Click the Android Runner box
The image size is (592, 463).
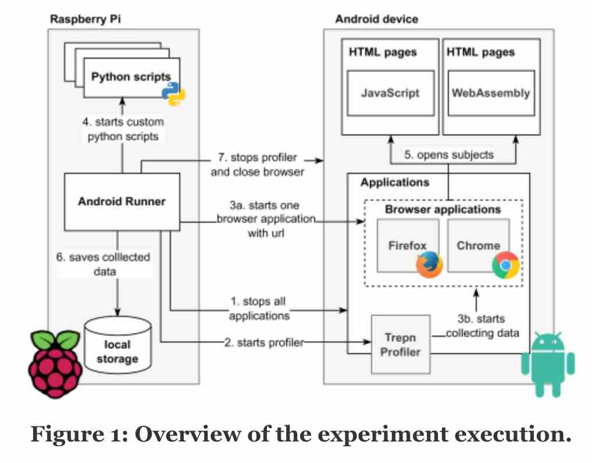pyautogui.click(x=122, y=202)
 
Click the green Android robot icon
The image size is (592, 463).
pyautogui.click(x=547, y=364)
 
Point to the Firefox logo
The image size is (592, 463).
pyautogui.click(x=429, y=264)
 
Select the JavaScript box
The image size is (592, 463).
pyautogui.click(x=390, y=93)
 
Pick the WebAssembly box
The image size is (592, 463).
pyautogui.click(x=491, y=93)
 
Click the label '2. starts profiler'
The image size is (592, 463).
pyautogui.click(x=263, y=343)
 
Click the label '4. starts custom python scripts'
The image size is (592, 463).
pyautogui.click(x=122, y=129)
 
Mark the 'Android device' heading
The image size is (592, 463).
pyautogui.click(x=376, y=19)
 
